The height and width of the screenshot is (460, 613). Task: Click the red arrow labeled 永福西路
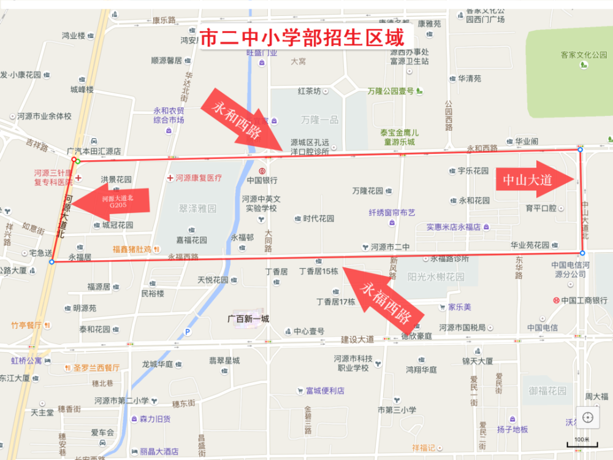[381, 297]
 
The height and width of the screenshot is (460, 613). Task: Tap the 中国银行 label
[262, 180]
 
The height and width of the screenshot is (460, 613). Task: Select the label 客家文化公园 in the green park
[583, 55]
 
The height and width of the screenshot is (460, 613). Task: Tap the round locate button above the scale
[588, 418]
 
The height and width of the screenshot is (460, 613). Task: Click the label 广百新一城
[248, 318]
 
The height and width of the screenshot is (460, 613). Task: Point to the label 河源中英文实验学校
[262, 204]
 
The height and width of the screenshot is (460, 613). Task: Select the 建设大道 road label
[357, 339]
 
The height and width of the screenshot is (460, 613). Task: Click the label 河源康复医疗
[198, 178]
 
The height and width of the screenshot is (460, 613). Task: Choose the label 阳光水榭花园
[438, 277]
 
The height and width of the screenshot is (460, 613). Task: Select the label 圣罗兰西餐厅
[97, 368]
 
